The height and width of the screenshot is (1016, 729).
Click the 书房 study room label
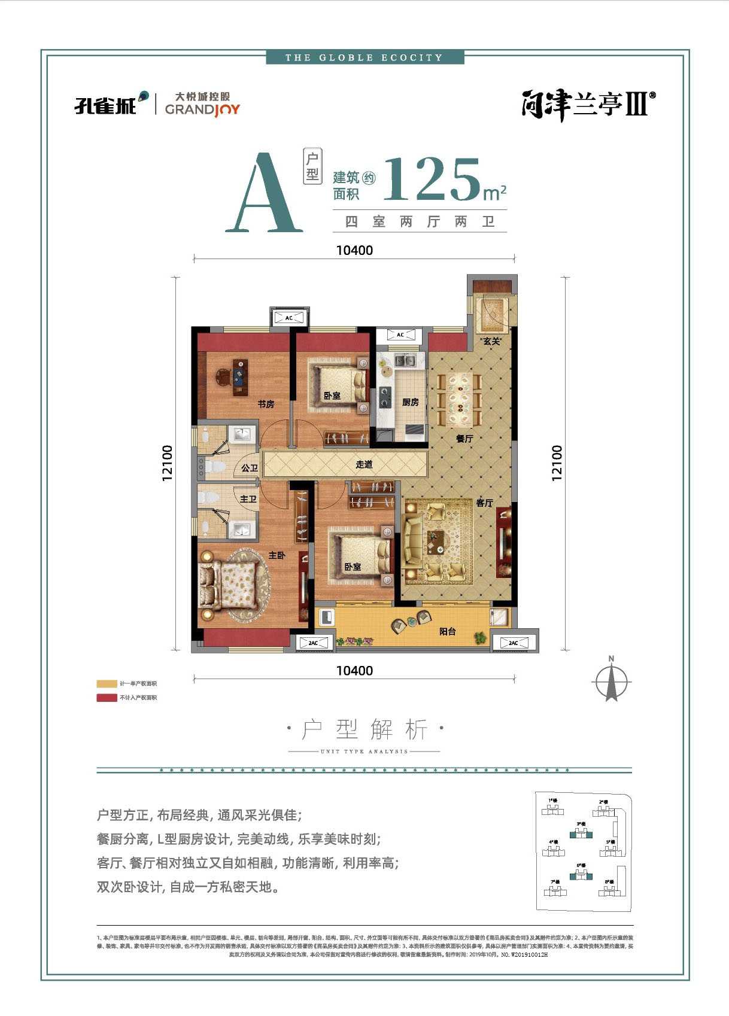[x=266, y=404]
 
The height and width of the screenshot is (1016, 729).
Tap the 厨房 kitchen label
[x=411, y=402]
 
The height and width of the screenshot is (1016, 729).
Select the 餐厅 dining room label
[x=464, y=439]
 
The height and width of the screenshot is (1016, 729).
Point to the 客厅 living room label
[x=484, y=503]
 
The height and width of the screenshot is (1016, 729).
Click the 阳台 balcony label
[x=448, y=631]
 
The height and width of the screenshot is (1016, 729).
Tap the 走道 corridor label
[x=364, y=464]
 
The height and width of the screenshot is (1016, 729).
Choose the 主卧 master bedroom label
[x=277, y=555]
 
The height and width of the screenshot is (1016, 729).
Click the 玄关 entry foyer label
[x=491, y=341]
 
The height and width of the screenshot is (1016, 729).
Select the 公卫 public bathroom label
[x=249, y=468]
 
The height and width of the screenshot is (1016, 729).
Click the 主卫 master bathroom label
[x=248, y=498]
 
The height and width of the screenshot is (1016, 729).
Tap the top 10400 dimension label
[x=354, y=250]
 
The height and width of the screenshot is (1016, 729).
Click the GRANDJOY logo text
[x=202, y=109]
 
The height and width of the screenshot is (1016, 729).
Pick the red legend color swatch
[x=107, y=698]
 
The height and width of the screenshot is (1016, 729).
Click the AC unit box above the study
[x=289, y=318]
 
